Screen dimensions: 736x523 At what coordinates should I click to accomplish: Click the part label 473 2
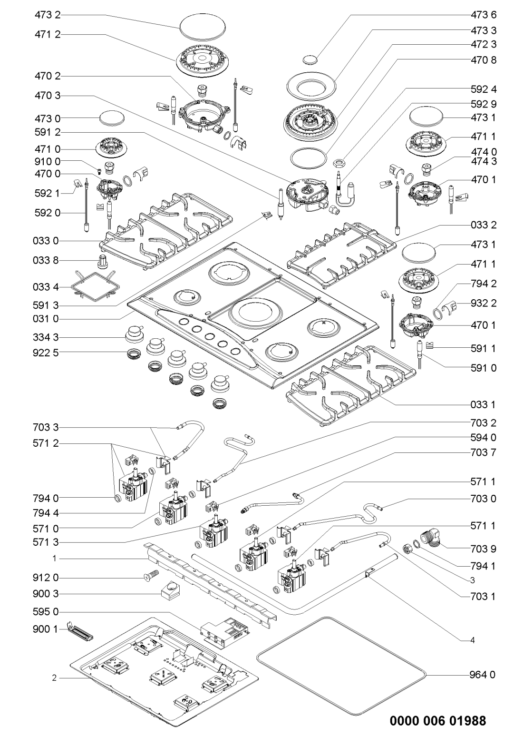pyautogui.click(x=48, y=16)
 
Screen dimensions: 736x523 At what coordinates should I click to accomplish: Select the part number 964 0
pyautogui.click(x=480, y=674)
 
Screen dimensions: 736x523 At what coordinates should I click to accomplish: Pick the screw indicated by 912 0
pyautogui.click(x=150, y=578)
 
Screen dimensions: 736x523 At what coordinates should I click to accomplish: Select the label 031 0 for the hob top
pyautogui.click(x=48, y=318)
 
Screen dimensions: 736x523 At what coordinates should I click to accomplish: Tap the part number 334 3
pyautogui.click(x=48, y=337)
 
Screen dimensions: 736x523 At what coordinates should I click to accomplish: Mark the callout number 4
pyautogui.click(x=472, y=640)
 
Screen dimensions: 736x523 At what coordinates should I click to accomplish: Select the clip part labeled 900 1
pyautogui.click(x=80, y=631)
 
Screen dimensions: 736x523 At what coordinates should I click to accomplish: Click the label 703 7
pyautogui.click(x=480, y=452)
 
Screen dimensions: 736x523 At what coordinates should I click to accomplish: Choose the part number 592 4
pyautogui.click(x=480, y=89)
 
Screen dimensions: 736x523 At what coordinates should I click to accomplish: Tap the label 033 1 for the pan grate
pyautogui.click(x=480, y=405)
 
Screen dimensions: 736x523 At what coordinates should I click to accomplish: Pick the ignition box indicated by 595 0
pyautogui.click(x=223, y=631)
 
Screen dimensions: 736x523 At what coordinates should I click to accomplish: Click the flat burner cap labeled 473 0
pyautogui.click(x=111, y=117)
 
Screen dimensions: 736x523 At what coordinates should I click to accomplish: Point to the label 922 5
pyautogui.click(x=48, y=352)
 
